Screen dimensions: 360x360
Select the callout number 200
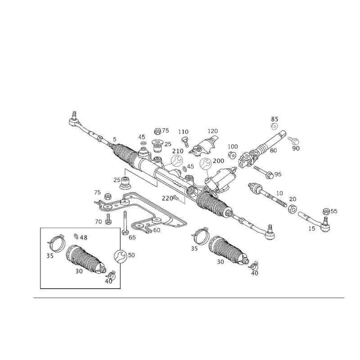[219, 160]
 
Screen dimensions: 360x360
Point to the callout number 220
[167, 198]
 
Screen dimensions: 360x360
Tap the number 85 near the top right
[275, 118]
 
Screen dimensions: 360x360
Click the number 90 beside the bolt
[296, 148]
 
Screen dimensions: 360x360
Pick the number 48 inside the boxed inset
[84, 237]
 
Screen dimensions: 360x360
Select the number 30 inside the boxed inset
[79, 272]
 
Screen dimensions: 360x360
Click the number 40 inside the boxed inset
[108, 282]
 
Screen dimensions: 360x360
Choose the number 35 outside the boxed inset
[194, 248]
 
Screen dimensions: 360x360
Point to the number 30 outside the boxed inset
[220, 261]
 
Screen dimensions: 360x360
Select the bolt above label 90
[292, 140]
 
